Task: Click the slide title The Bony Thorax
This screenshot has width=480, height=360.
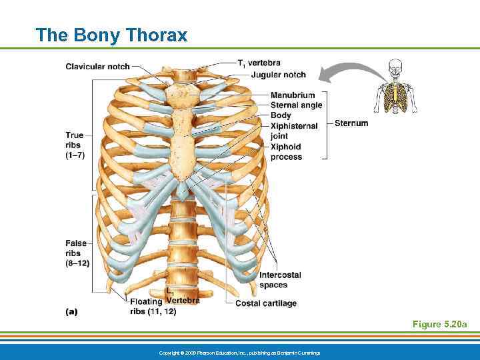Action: click(112, 35)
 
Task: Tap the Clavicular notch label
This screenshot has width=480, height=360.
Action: click(97, 67)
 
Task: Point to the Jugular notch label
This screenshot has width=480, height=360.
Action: click(279, 75)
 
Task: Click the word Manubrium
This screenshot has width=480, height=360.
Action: click(293, 95)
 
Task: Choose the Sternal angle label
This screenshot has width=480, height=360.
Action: click(296, 105)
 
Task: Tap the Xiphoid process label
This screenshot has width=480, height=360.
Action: click(286, 152)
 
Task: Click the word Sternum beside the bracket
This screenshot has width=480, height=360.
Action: click(351, 123)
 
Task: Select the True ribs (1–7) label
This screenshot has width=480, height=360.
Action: click(75, 145)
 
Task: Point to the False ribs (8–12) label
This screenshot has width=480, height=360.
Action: click(77, 253)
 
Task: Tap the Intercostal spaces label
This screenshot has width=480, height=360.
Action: click(280, 280)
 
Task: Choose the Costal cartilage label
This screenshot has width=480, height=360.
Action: click(266, 303)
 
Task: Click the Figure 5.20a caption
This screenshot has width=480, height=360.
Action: click(439, 325)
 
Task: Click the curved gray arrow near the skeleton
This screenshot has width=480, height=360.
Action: click(347, 70)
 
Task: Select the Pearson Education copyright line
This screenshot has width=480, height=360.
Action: click(239, 352)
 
